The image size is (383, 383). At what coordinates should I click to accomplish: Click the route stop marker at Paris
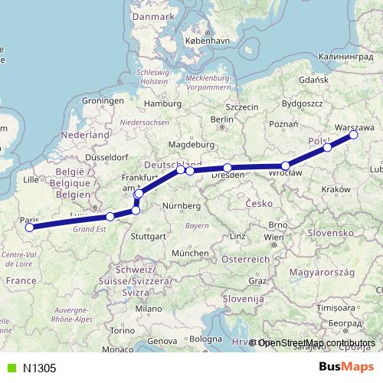click(x=29, y=227)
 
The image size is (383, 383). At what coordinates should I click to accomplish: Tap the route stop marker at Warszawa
click(x=354, y=135)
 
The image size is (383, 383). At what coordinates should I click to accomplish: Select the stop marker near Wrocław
click(x=286, y=165)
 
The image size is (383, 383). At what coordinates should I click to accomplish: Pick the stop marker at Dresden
click(x=228, y=168)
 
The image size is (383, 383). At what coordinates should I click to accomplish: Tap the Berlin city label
click(x=221, y=119)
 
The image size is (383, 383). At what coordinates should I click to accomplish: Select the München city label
click(x=190, y=253)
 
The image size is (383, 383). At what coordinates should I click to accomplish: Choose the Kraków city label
click(x=336, y=188)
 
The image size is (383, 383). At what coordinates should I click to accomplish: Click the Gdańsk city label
click(x=314, y=79)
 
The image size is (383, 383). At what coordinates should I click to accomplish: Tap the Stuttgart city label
click(x=148, y=237)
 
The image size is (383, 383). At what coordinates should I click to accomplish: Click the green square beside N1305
click(x=9, y=368)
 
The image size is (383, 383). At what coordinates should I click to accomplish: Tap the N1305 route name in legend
click(x=39, y=368)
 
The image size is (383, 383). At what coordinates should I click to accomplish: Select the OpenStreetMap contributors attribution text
click(x=316, y=343)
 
